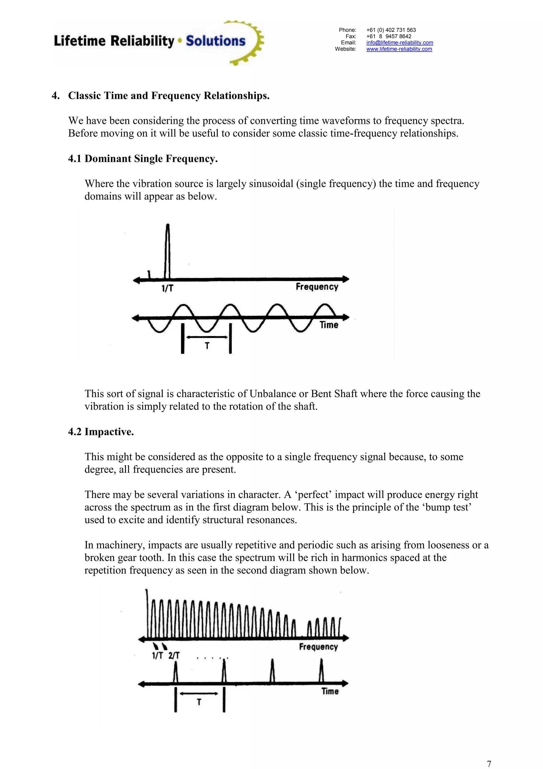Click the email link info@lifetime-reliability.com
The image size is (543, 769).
pyautogui.click(x=400, y=42)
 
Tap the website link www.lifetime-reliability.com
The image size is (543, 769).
pyautogui.click(x=399, y=49)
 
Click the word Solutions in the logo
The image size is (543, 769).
pyautogui.click(x=216, y=41)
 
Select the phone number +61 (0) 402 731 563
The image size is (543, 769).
pyautogui.click(x=391, y=30)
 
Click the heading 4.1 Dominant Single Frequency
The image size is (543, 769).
pyautogui.click(x=143, y=158)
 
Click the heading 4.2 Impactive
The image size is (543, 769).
pyautogui.click(x=101, y=432)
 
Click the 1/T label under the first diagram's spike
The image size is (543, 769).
pyautogui.click(x=167, y=288)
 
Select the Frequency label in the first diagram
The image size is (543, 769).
pyautogui.click(x=317, y=287)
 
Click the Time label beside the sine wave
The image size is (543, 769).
pyautogui.click(x=329, y=325)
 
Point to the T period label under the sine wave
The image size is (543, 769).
pyautogui.click(x=207, y=346)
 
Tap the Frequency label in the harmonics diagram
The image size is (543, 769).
pyautogui.click(x=318, y=647)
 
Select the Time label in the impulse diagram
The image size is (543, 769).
pyautogui.click(x=330, y=691)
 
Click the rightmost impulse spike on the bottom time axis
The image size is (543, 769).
pyautogui.click(x=321, y=671)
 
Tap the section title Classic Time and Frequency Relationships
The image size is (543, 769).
pyautogui.click(x=169, y=96)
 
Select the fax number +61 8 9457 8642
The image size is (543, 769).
pyautogui.click(x=388, y=36)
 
